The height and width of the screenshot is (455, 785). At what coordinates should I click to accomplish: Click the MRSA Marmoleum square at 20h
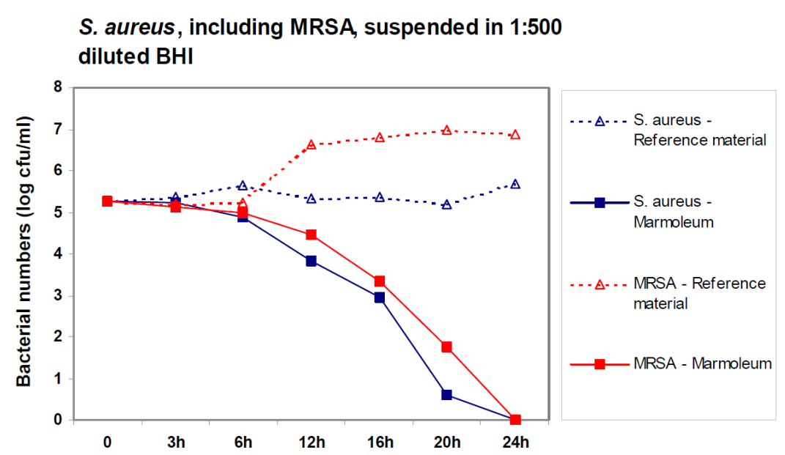447,347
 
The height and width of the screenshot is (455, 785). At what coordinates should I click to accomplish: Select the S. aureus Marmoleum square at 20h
447,395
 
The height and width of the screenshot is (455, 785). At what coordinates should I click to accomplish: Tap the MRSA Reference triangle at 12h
312,145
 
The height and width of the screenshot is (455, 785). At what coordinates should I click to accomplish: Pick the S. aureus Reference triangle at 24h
515,184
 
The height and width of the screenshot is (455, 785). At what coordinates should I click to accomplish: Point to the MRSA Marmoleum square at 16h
380,281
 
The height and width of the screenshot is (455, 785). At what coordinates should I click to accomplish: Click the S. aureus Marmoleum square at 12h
312,261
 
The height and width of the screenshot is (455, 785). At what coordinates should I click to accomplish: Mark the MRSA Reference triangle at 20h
447,130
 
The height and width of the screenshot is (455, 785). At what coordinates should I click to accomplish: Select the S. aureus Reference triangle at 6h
243,185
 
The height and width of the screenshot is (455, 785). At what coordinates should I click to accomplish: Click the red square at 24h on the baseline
515,420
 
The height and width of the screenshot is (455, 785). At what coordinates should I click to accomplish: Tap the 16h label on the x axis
380,443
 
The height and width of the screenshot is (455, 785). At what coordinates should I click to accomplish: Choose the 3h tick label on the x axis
175,443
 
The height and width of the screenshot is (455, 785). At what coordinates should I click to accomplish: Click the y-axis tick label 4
57,254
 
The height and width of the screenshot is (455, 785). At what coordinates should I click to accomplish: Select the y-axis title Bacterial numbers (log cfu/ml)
24,251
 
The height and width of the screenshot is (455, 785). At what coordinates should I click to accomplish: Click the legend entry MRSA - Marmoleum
701,363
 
